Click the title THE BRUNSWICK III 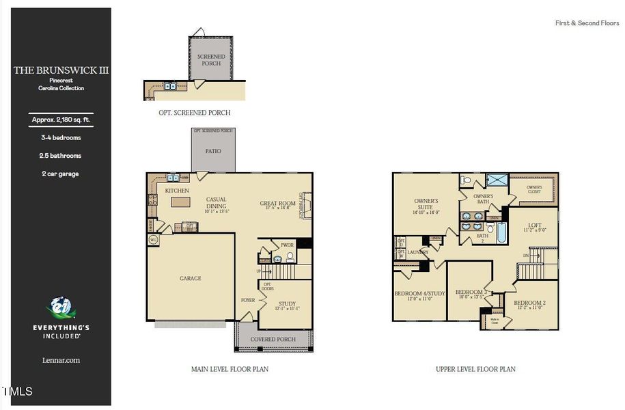tap(61, 70)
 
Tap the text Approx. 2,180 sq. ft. tap(61, 120)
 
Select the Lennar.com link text tap(61, 360)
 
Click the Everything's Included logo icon tap(61, 308)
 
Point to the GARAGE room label tap(191, 278)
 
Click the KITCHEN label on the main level tap(177, 191)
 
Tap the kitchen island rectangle tap(180, 202)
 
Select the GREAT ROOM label tap(277, 203)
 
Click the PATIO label tap(213, 151)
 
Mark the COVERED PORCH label tap(273, 339)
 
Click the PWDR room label tap(287, 245)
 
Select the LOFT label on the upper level tap(535, 225)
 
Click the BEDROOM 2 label tap(529, 303)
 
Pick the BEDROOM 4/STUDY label tap(419, 294)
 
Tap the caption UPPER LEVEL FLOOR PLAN tap(475, 369)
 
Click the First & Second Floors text tap(587, 23)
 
